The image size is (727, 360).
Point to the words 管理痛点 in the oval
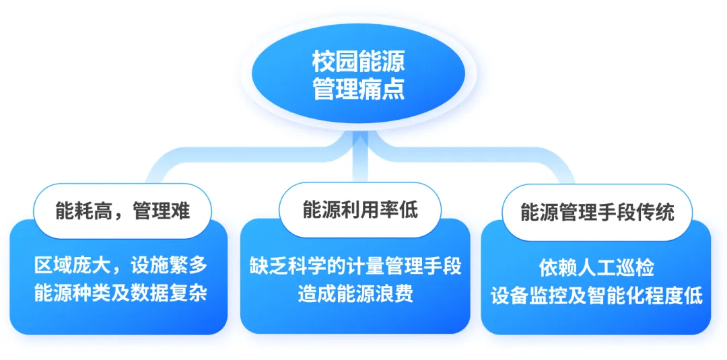(359, 89)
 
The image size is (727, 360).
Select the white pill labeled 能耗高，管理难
(123, 211)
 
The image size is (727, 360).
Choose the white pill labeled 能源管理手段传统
(597, 212)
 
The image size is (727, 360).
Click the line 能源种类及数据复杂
(120, 295)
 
